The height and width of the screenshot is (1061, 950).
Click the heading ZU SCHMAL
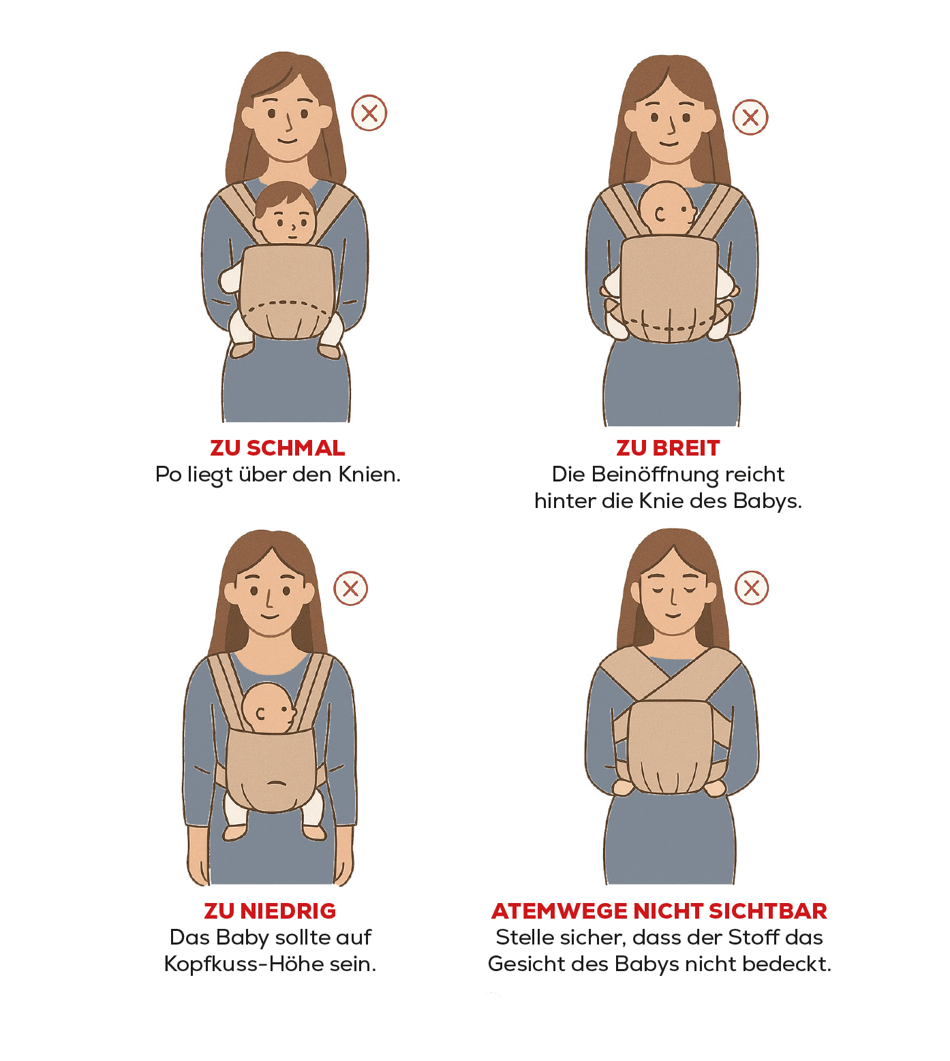point(277,448)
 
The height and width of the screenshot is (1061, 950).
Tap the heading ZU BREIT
point(668,448)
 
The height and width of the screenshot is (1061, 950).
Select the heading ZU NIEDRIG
point(270,910)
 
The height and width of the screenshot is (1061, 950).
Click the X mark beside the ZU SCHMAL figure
point(369,113)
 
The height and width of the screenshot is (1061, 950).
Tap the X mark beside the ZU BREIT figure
point(750,117)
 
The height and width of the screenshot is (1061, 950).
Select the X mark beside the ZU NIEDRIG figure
point(351,588)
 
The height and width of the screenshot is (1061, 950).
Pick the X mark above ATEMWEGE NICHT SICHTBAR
point(752,588)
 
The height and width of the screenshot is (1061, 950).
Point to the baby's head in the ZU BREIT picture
point(669,208)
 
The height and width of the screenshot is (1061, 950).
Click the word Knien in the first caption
point(369,474)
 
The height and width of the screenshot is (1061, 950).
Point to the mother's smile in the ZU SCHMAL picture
point(287,141)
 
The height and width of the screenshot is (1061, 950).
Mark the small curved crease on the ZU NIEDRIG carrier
point(275,782)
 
